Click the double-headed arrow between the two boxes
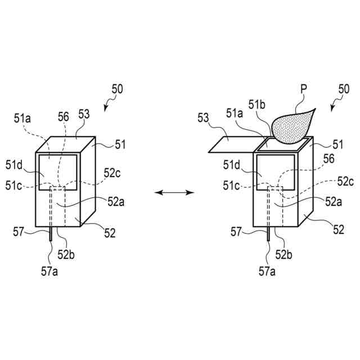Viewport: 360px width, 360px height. point(174,192)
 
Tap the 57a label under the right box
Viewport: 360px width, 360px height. point(267,271)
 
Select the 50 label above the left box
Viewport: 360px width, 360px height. point(116,89)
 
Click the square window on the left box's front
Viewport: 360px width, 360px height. point(57,169)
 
